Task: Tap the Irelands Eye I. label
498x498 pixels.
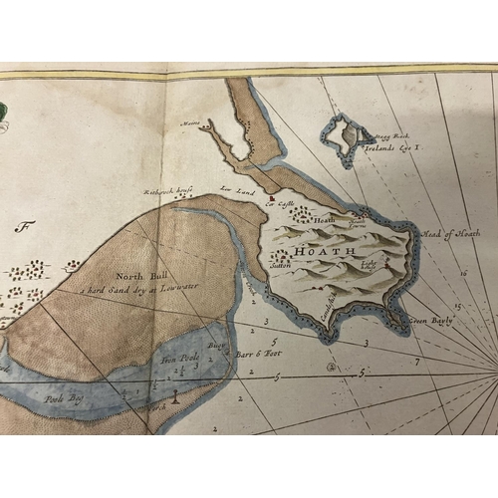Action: click(x=385, y=145)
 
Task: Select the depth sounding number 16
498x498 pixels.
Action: click(x=463, y=271)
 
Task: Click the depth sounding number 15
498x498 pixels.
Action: click(x=457, y=306)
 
